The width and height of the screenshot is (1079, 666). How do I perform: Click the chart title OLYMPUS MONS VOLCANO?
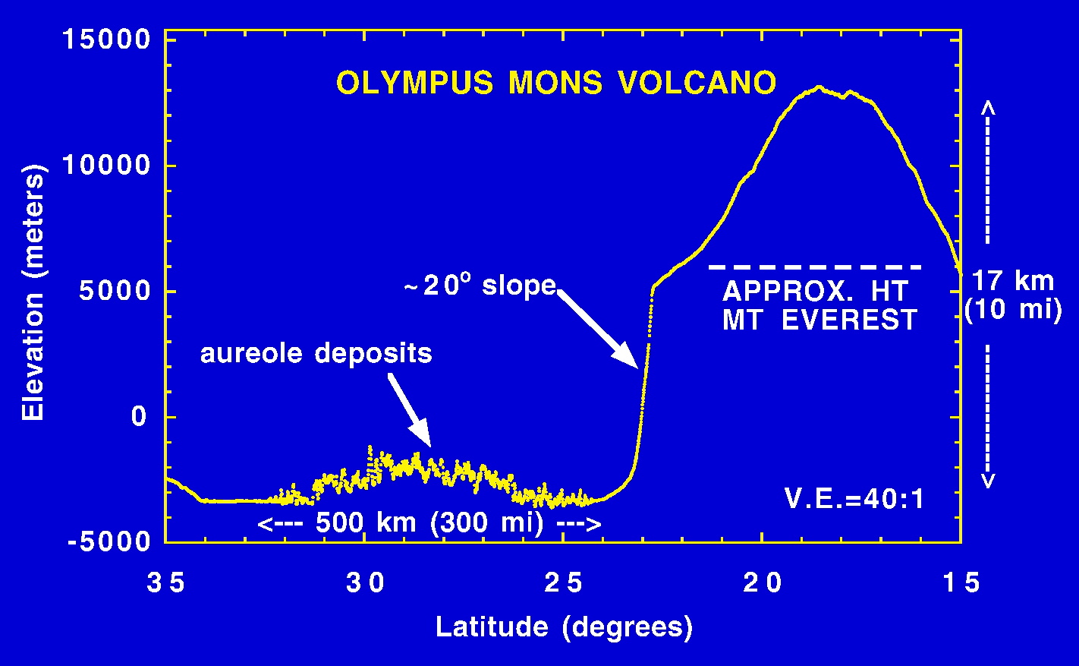tap(556, 83)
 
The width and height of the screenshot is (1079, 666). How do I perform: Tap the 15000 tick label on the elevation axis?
tap(107, 39)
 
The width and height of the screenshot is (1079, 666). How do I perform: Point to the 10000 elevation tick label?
tap(107, 165)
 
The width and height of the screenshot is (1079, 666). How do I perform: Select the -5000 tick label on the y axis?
tap(110, 541)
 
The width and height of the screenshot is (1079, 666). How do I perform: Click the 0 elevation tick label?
tap(139, 416)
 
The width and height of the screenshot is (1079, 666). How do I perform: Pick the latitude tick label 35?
tap(166, 583)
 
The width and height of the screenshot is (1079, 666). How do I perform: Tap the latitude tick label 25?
tap(564, 583)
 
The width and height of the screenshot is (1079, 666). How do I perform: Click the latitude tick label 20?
tap(763, 583)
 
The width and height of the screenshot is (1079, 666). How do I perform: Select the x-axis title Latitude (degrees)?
tap(564, 627)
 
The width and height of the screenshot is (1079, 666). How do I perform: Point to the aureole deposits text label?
tap(316, 353)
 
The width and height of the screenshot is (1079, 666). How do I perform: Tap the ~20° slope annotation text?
tap(480, 286)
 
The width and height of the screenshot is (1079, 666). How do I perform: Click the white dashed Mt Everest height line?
tap(815, 267)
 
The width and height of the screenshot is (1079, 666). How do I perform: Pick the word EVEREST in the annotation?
tap(849, 320)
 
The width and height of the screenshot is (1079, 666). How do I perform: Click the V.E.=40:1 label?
tap(854, 499)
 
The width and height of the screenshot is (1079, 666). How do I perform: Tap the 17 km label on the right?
tap(1013, 281)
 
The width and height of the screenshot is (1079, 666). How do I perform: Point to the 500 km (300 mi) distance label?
tap(429, 523)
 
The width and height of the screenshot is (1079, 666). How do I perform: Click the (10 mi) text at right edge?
tap(1013, 310)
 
